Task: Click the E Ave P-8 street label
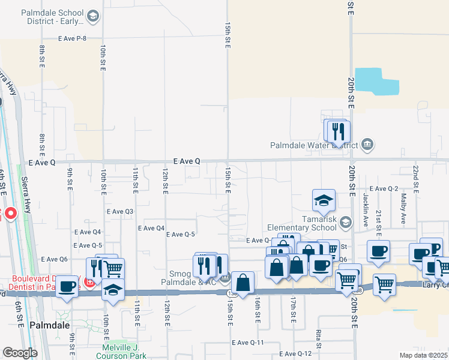[x=81, y=38]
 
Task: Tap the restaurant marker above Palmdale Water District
[x=337, y=131]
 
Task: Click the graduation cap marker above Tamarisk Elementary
[x=324, y=201]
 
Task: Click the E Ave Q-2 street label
[x=384, y=188]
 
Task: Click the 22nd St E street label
[x=415, y=176]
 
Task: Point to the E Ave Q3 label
[x=119, y=211]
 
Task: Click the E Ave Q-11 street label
[x=248, y=343]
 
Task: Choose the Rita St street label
[x=318, y=338]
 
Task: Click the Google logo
[x=19, y=353]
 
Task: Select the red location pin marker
[x=10, y=214]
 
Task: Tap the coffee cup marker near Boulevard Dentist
[x=67, y=288]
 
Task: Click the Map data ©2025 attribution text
[x=423, y=355]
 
